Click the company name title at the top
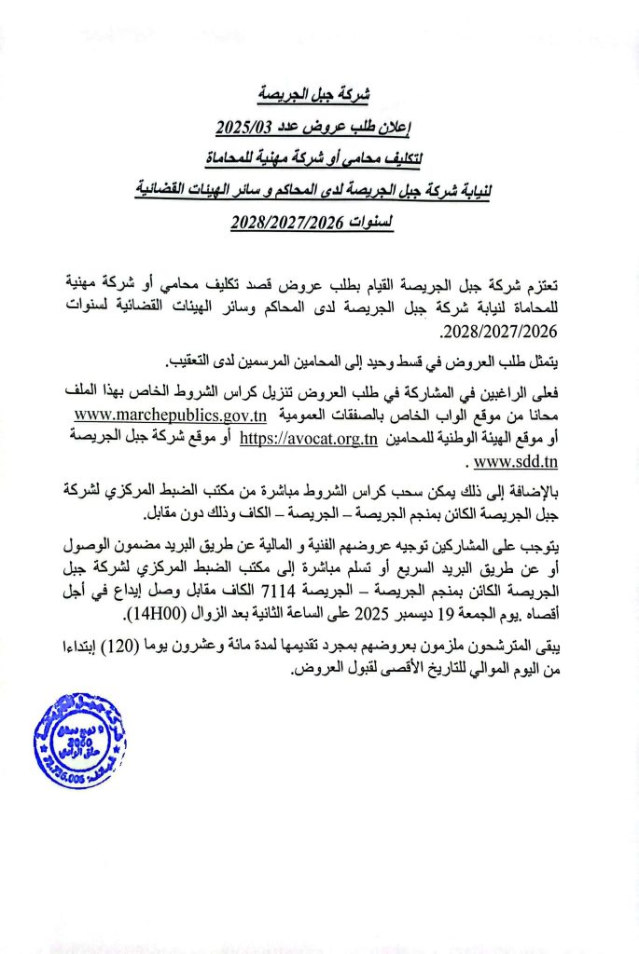[318, 95]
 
